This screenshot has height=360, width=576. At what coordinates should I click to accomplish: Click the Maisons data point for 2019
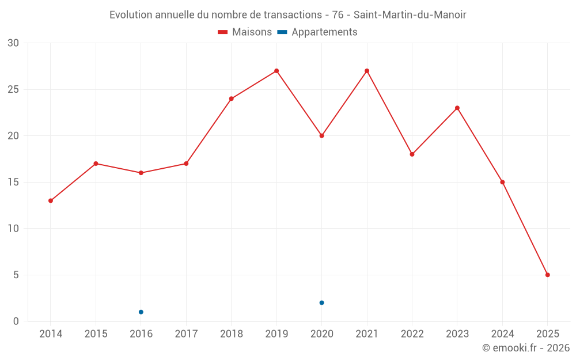tap(276, 71)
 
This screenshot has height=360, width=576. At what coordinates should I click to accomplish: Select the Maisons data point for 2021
tap(367, 71)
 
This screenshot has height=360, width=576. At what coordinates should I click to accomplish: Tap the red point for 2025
tap(547, 275)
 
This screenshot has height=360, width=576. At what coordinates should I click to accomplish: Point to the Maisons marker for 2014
tap(51, 200)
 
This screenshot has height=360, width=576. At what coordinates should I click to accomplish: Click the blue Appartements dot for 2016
tap(141, 312)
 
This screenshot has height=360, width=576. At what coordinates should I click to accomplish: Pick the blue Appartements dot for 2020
tap(321, 302)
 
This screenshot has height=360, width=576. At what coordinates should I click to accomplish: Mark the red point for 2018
tap(232, 98)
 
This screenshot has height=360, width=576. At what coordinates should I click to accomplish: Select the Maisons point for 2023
tap(457, 108)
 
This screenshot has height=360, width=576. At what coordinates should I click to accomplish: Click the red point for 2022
tap(412, 154)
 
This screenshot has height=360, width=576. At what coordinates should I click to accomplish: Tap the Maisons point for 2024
tap(502, 182)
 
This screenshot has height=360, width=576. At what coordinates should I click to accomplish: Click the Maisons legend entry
tap(245, 32)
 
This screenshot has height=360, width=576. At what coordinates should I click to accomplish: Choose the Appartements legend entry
tap(317, 32)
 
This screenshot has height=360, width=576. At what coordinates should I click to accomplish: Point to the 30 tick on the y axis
tap(13, 43)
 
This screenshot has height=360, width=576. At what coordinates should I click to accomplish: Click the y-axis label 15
tap(13, 182)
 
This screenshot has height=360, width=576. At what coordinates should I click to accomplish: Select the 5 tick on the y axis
tap(16, 275)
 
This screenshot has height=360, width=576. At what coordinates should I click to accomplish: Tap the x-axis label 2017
tap(186, 334)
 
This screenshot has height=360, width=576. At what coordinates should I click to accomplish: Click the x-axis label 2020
tap(321, 334)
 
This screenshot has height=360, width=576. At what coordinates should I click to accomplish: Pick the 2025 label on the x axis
tap(547, 334)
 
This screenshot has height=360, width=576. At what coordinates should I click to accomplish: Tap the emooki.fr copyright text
tap(525, 348)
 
